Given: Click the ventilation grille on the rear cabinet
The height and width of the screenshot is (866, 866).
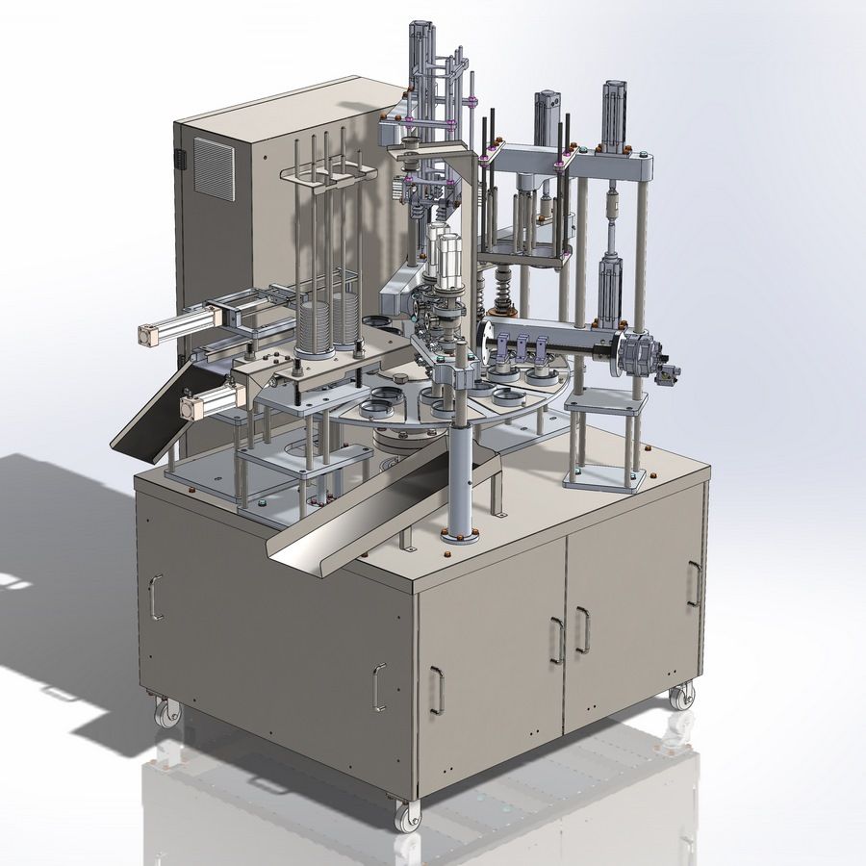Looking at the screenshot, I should (x=214, y=168).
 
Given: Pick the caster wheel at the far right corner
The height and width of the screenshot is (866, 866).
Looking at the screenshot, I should (x=682, y=694).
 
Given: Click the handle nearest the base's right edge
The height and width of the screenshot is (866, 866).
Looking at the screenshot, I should (x=694, y=583).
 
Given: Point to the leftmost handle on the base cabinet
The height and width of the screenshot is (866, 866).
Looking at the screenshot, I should (x=156, y=597).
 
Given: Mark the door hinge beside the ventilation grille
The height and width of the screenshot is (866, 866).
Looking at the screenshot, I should (x=179, y=157).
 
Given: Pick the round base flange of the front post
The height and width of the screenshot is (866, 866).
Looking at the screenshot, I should (x=459, y=534).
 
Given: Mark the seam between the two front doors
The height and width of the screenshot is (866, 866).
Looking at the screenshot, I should (x=566, y=635).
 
